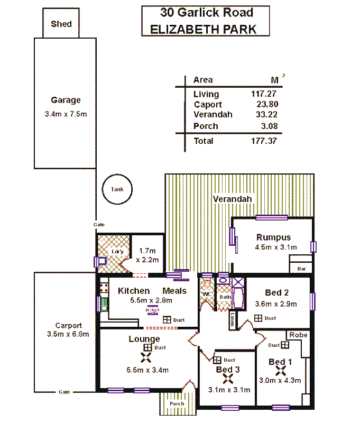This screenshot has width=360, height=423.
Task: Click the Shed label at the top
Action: pyautogui.click(x=61, y=24)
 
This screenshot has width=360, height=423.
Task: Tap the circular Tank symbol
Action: pyautogui.click(x=117, y=189)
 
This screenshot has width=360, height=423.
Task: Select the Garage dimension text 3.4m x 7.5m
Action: pyautogui.click(x=66, y=114)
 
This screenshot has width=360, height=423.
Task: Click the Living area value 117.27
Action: pyautogui.click(x=264, y=94)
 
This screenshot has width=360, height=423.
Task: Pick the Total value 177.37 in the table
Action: pyautogui.click(x=264, y=141)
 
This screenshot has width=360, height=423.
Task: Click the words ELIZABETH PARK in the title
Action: pyautogui.click(x=204, y=29)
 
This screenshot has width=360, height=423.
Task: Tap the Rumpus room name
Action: pyautogui.click(x=273, y=237)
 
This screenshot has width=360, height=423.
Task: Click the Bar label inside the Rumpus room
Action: pyautogui.click(x=301, y=269)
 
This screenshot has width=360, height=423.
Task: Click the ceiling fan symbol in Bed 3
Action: pyautogui.click(x=228, y=378)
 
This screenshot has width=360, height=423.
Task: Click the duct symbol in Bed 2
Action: pyautogui.click(x=258, y=318)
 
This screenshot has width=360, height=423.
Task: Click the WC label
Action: pyautogui.click(x=207, y=294)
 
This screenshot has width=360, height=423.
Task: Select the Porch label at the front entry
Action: pyautogui.click(x=177, y=404)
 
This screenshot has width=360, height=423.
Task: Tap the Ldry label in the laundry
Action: pyautogui.click(x=117, y=252)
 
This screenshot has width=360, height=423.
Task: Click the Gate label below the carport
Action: pyautogui.click(x=64, y=392)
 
